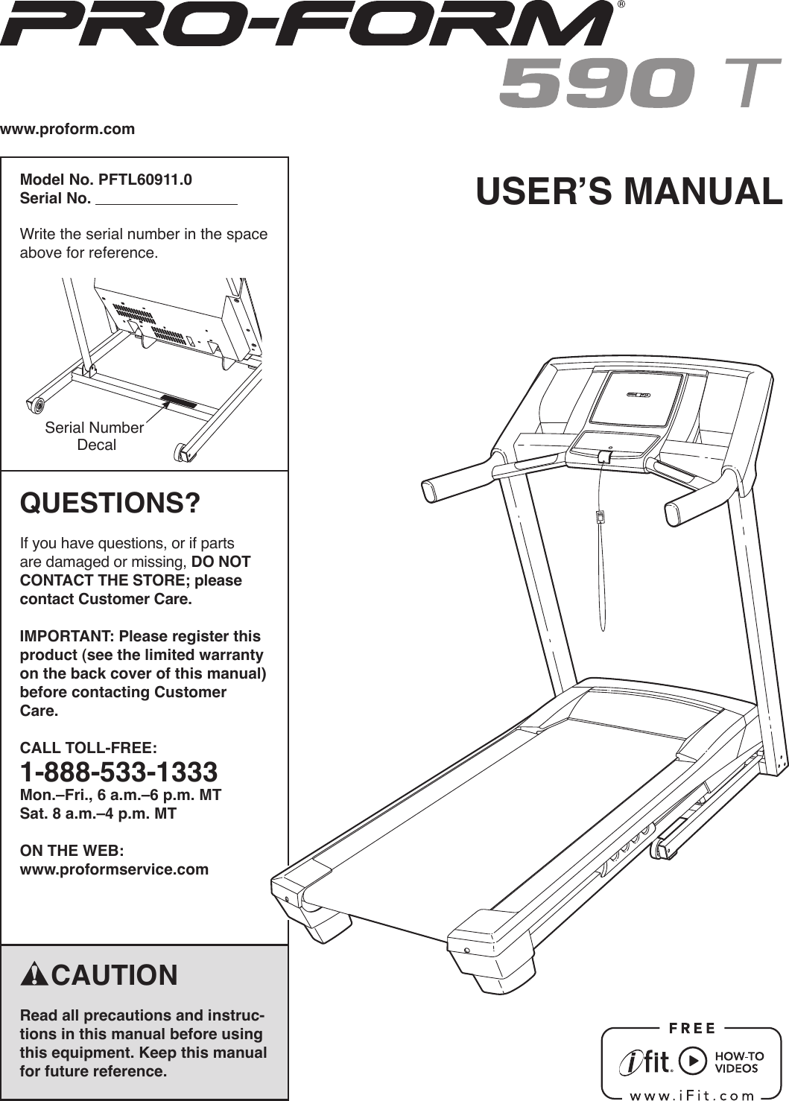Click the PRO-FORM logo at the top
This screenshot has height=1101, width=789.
(x=305, y=24)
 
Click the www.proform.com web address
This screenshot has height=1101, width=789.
(x=68, y=129)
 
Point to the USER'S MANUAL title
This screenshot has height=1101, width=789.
(x=629, y=191)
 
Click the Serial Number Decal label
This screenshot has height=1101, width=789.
(x=95, y=436)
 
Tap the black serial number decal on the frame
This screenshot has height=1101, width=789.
(x=179, y=402)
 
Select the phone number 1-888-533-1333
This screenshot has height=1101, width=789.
(x=118, y=772)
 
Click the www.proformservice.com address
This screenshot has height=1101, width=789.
(x=114, y=869)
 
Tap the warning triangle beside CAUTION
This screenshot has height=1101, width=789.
(x=34, y=975)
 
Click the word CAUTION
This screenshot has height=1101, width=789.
(x=115, y=975)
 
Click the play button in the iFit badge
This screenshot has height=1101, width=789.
(x=694, y=1061)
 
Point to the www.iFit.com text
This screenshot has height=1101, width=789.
(x=692, y=1095)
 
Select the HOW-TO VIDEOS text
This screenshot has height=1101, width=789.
(x=739, y=1062)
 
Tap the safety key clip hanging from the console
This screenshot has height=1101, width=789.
(x=599, y=516)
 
